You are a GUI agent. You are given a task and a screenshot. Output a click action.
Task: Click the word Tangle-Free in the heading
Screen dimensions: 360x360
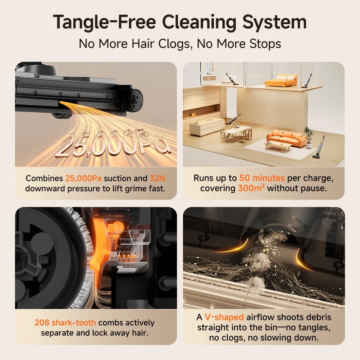point(104,22)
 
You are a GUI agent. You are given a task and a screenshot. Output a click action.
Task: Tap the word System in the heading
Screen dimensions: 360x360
point(274,22)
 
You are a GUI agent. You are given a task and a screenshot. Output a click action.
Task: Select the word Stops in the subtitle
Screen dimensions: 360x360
point(265,44)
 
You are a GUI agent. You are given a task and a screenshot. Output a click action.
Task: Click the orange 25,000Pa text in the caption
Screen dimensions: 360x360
point(83,178)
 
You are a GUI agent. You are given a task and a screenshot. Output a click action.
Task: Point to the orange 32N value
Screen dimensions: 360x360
point(157,178)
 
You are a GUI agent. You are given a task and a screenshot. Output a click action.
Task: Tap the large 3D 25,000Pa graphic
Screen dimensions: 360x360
point(112,144)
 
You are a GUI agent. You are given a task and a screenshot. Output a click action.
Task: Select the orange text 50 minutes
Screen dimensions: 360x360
point(262,178)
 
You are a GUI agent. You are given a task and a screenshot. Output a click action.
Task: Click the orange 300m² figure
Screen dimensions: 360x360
point(251,188)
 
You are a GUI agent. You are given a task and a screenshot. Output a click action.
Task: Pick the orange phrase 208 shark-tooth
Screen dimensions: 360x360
point(65,323)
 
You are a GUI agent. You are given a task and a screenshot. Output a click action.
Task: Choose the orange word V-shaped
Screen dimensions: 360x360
point(224,317)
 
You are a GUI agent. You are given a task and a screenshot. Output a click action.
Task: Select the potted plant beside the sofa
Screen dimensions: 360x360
point(308,137)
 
